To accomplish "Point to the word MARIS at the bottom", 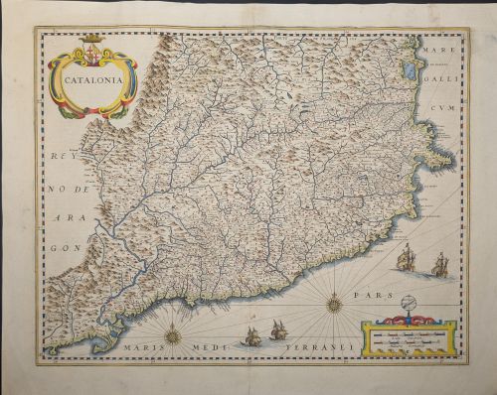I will click(143, 350).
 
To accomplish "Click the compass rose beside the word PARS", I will click(335, 303).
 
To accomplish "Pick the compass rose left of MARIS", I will click(173, 336).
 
